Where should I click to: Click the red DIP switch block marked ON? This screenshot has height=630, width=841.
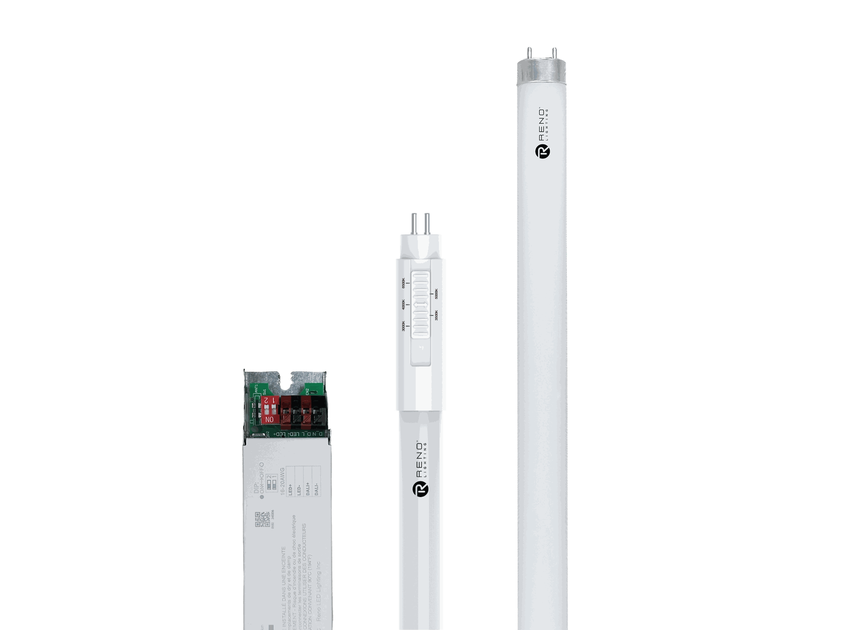[270, 410]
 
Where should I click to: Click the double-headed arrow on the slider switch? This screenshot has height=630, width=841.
[420, 304]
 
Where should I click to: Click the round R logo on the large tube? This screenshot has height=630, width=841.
[543, 151]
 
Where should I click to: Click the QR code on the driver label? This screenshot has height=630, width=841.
[261, 519]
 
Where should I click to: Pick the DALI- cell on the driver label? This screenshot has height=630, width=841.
[316, 488]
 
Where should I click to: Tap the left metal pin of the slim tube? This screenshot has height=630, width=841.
[413, 222]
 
